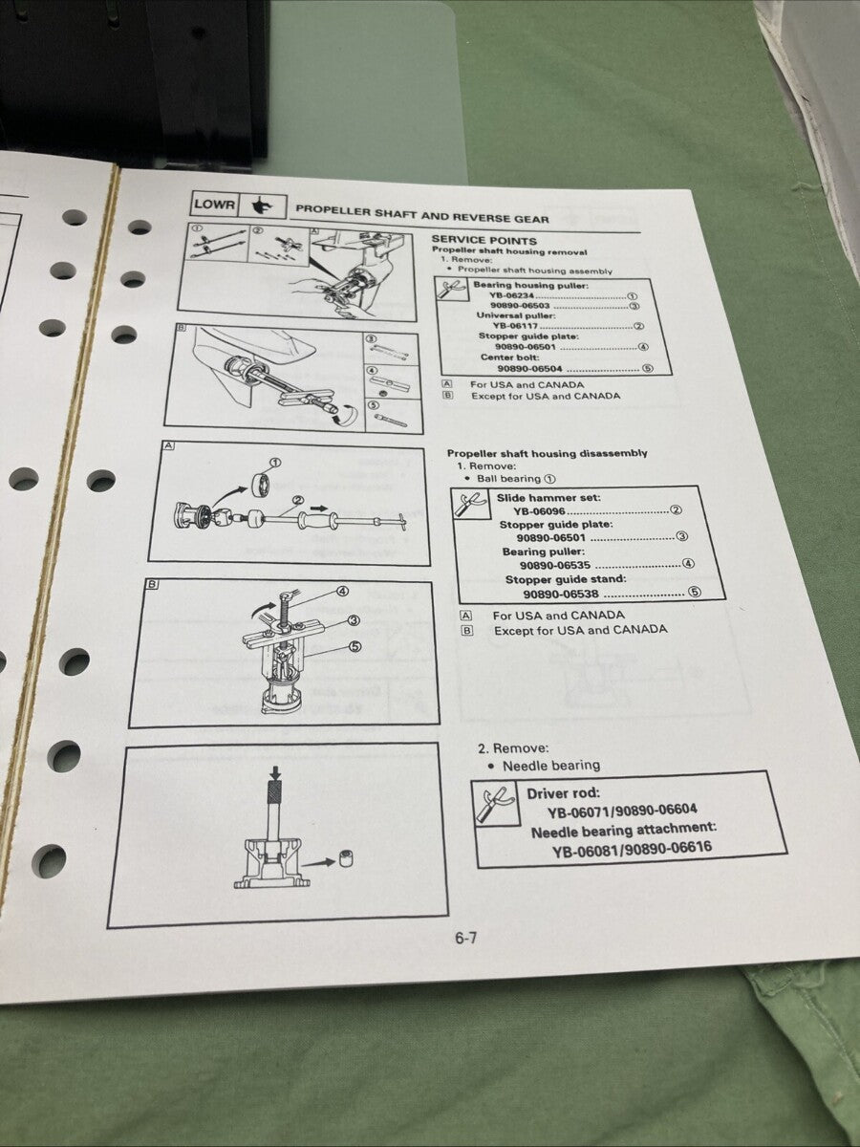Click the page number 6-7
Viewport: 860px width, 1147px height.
[465, 938]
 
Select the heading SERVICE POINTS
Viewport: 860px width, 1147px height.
[484, 241]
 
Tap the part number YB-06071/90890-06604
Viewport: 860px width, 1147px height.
[622, 811]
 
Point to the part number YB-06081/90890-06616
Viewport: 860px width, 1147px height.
[632, 848]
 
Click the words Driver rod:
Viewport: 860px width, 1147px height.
[563, 793]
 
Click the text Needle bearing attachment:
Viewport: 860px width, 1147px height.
[624, 830]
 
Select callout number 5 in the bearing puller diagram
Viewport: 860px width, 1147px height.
[355, 646]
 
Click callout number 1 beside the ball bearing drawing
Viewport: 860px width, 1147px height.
[276, 463]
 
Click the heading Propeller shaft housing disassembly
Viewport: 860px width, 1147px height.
[547, 453]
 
